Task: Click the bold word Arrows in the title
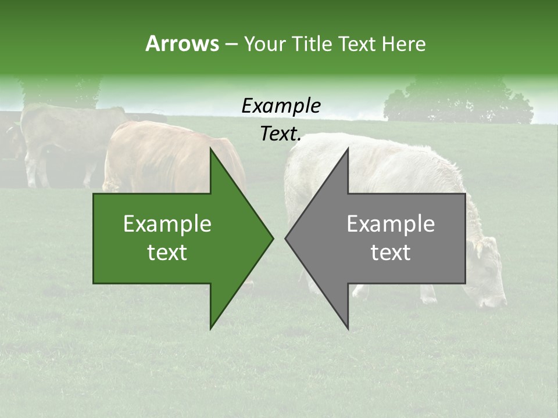pyautogui.click(x=182, y=44)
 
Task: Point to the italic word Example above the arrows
pyautogui.click(x=281, y=106)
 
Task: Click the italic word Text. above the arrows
pyautogui.click(x=281, y=134)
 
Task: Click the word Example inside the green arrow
pyautogui.click(x=167, y=224)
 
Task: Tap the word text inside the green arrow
pyautogui.click(x=167, y=253)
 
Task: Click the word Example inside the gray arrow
pyautogui.click(x=391, y=224)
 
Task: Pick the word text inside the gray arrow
pyautogui.click(x=391, y=253)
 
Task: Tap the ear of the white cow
pyautogui.click(x=478, y=247)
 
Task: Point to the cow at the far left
pyautogui.click(x=58, y=139)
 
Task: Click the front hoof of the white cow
pyautogui.click(x=429, y=299)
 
